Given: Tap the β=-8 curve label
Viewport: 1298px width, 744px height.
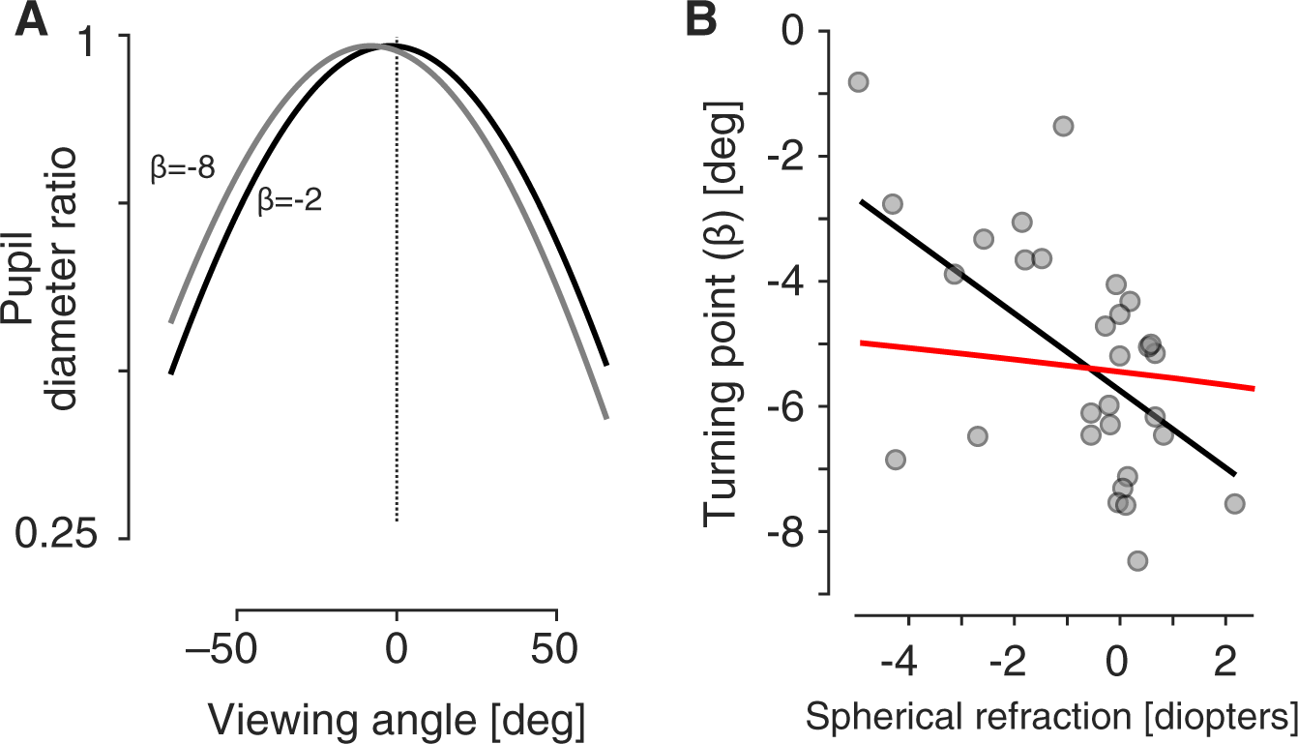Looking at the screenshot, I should click(181, 166).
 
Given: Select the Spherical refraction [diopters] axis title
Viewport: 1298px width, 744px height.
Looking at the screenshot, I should click(1050, 717).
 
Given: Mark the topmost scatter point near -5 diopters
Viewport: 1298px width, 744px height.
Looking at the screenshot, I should click(857, 82).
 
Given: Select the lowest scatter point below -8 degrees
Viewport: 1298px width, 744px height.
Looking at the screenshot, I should click(1137, 561).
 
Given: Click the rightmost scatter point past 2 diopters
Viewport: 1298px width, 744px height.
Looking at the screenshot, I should click(1234, 503).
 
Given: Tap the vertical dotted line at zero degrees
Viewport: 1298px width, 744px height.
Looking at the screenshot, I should click(397, 290).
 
